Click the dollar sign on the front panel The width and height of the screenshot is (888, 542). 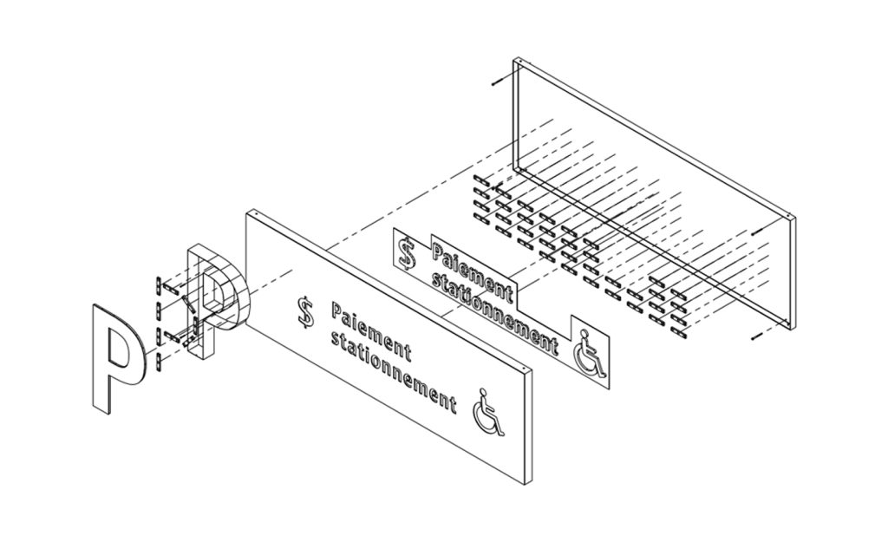(306, 313)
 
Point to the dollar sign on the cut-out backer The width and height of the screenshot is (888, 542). (408, 252)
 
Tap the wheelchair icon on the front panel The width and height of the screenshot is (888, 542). (489, 412)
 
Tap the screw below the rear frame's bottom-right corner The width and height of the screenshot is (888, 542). (756, 337)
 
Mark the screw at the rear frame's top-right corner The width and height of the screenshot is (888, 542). (756, 232)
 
